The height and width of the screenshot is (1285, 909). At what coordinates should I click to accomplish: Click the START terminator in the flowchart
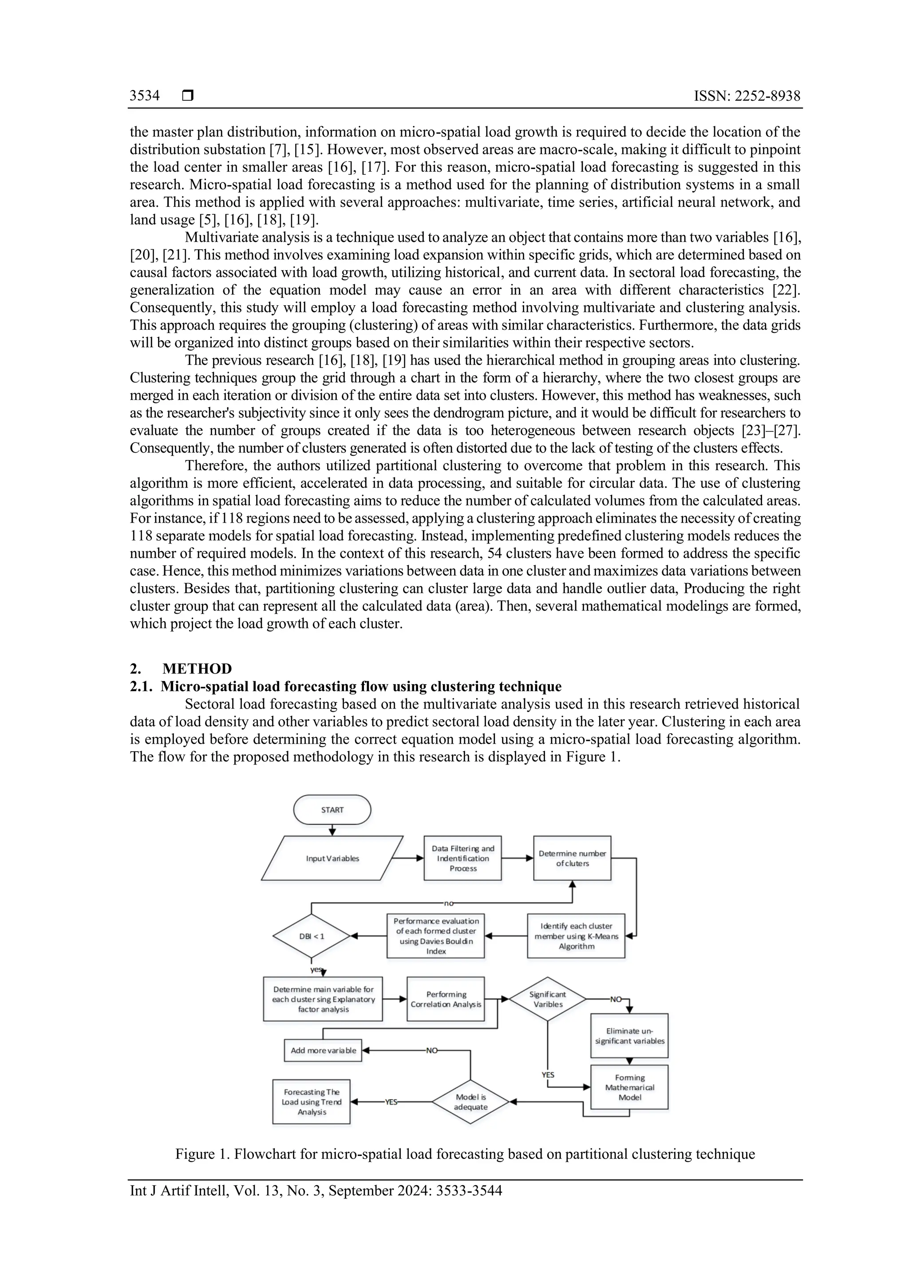click(332, 810)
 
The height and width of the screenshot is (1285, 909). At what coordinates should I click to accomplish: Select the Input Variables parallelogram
click(332, 859)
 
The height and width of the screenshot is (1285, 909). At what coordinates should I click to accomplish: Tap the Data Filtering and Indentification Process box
click(462, 859)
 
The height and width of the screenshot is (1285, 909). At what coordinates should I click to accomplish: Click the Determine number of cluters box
click(572, 859)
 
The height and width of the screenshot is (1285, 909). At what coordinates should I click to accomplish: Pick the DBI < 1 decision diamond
click(311, 936)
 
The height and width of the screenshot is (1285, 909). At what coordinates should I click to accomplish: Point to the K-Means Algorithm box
click(576, 936)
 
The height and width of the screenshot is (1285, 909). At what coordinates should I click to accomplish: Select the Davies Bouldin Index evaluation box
click(435, 936)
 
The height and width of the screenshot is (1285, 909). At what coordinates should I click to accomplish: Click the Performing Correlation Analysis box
click(446, 999)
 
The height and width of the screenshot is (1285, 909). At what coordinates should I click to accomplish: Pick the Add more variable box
click(323, 1051)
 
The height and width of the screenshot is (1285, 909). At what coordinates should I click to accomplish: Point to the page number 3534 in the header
click(144, 96)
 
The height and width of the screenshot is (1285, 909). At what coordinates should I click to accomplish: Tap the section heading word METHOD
click(197, 669)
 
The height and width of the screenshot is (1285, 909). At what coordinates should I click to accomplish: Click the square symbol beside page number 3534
click(188, 96)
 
